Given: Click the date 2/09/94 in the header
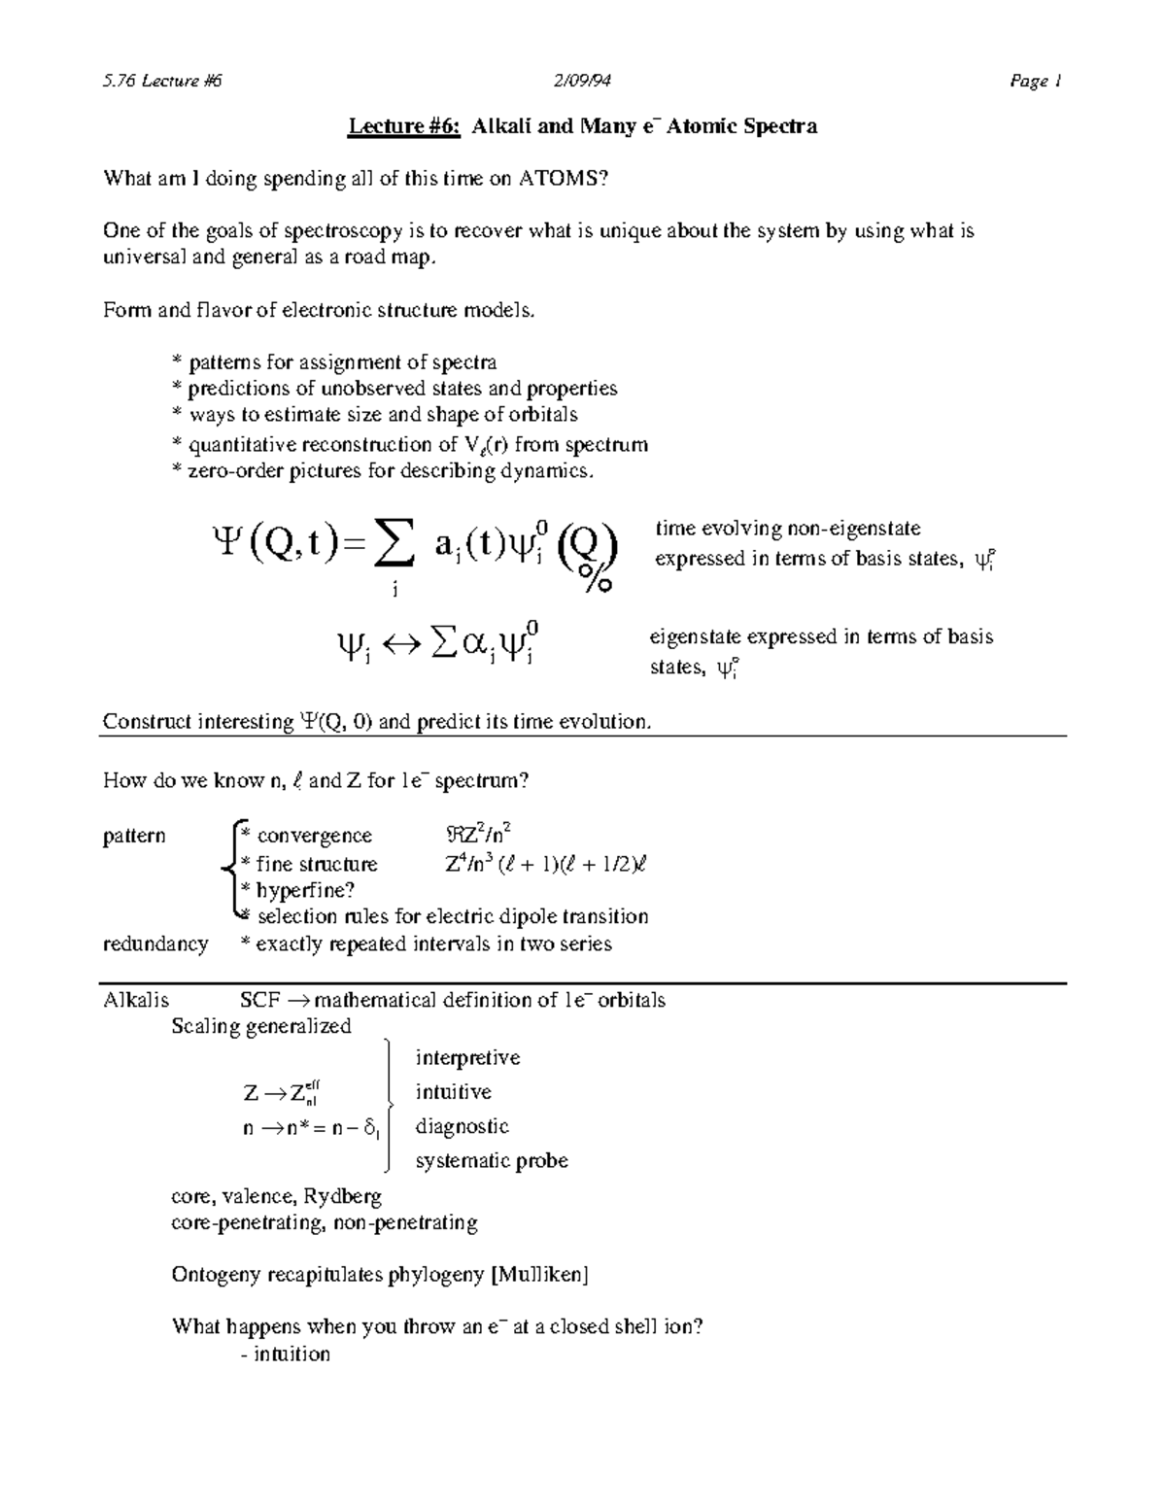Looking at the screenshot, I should tap(582, 82).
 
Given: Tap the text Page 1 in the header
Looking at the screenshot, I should tap(1035, 82).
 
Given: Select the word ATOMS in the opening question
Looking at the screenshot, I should tap(565, 179).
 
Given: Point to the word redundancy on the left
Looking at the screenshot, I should tap(155, 944).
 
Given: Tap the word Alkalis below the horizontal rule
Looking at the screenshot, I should tap(136, 1000).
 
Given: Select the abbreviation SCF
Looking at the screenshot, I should tap(260, 1000).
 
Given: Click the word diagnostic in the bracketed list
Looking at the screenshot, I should tap(463, 1126).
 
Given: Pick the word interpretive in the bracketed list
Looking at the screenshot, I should tap(467, 1057).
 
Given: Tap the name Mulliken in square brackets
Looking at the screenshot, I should tap(540, 1275).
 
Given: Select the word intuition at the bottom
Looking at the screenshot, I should tap(291, 1354).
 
